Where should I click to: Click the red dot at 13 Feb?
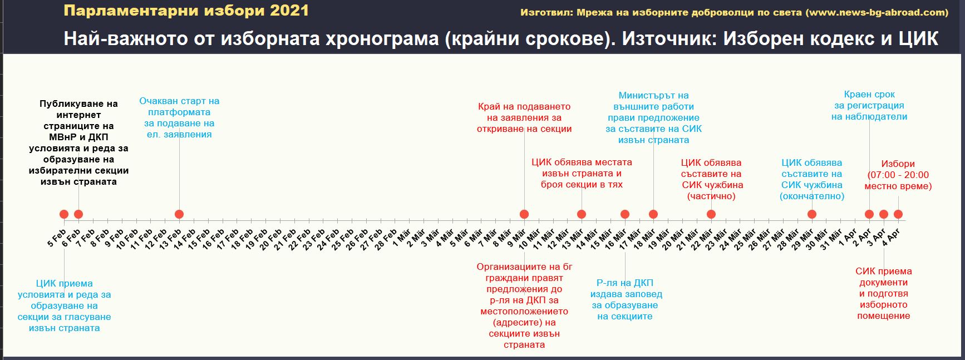[x=179, y=214]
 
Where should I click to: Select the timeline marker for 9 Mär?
[x=524, y=214]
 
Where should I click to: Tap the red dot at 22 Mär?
[x=711, y=214]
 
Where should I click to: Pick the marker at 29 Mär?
[x=811, y=214]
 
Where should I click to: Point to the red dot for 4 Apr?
[x=898, y=214]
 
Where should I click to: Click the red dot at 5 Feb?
[x=64, y=214]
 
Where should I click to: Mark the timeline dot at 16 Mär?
[x=624, y=214]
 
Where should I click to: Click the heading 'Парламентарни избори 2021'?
[x=186, y=11]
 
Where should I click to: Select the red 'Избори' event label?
[x=898, y=164]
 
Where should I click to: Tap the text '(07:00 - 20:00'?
[x=898, y=175]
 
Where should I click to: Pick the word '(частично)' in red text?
[x=711, y=196]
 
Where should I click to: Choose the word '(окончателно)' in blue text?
[x=812, y=196]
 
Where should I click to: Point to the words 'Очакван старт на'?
[x=179, y=101]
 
